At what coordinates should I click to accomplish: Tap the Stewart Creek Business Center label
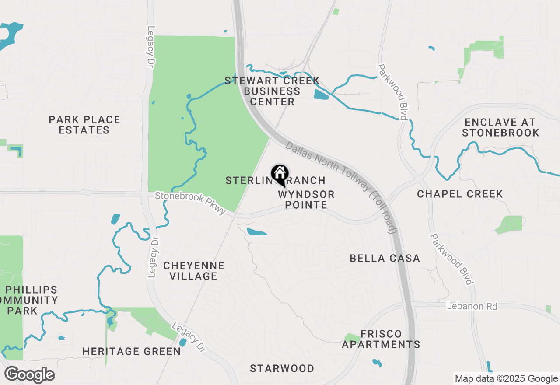pos(272,91)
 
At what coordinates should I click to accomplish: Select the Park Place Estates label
pos(84,125)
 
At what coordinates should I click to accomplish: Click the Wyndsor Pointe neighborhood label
pos(306,199)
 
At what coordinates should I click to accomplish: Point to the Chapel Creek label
pos(460,194)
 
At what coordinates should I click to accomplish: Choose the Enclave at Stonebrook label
pos(500,127)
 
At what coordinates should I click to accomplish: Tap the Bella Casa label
pos(385,259)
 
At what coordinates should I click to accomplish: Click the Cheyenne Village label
pos(194,271)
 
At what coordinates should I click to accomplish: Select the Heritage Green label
pos(132,351)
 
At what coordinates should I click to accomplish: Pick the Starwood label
pos(282,368)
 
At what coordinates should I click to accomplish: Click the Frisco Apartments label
pos(381,339)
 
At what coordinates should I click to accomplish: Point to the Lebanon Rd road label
pos(472,306)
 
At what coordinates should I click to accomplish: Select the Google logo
pos(29,375)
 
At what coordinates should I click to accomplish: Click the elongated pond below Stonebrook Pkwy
pos(256,231)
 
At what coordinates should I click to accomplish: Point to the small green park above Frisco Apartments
pos(352,338)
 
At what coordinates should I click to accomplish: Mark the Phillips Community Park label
pos(29,300)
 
